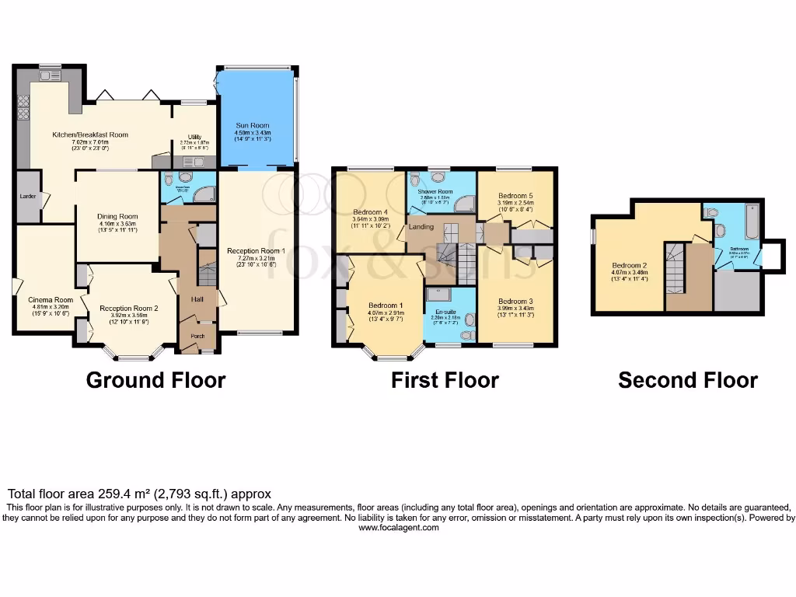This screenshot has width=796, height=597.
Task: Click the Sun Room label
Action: click(257, 124)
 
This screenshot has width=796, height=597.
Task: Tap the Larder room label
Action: click(28, 197)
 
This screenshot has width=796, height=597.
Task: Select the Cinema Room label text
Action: click(51, 300)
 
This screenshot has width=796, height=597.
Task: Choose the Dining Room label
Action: click(117, 217)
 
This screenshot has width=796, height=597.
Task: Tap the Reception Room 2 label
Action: click(128, 309)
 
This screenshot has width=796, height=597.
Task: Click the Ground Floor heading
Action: click(155, 380)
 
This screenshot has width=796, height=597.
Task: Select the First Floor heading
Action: click(445, 380)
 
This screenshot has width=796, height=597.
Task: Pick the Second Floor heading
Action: click(687, 380)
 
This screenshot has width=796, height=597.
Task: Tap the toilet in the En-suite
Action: click(466, 335)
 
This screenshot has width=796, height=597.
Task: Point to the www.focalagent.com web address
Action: click(398, 528)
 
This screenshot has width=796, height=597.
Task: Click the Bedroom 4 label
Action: click(370, 212)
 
